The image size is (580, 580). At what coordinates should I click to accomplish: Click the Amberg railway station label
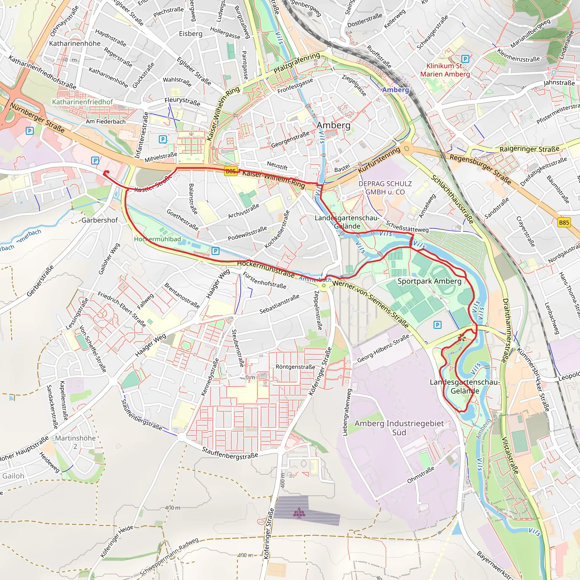coord(395,90)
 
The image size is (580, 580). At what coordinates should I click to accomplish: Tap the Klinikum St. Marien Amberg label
coord(445,70)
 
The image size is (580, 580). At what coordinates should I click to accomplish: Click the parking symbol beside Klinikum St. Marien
coord(465,59)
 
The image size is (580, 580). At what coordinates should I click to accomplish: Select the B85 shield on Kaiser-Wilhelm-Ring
coord(231,171)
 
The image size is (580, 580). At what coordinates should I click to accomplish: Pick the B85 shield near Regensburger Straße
coord(564,222)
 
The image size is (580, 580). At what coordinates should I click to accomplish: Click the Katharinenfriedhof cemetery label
coord(82,102)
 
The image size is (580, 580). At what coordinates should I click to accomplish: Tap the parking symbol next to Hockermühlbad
coord(215,251)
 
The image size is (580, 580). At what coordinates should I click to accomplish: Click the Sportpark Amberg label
coord(429,281)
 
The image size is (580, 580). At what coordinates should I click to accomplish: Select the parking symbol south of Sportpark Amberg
coord(437,325)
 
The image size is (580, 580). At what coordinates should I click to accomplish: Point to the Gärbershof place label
coord(100,220)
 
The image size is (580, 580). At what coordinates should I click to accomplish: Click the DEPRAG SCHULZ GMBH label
coord(385,188)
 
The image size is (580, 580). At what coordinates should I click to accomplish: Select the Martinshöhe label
coord(75,438)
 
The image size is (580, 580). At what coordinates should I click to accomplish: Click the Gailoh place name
coord(13,476)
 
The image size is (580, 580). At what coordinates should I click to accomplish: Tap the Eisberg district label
coord(191,34)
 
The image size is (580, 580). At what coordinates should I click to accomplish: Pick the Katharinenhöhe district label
coord(75,44)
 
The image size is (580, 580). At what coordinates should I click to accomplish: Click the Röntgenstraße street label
coord(295,367)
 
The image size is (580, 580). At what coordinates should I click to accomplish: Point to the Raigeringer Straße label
coord(529,149)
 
